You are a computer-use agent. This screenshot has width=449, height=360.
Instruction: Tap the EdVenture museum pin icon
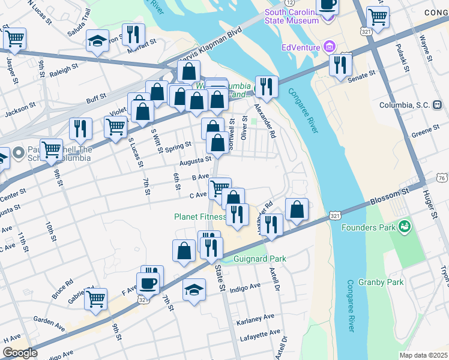(x=329, y=46)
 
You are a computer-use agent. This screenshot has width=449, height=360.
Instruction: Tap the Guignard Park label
(x=260, y=259)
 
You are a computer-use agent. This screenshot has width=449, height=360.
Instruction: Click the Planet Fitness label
(x=200, y=217)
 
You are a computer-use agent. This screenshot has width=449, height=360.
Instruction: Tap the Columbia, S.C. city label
(x=404, y=105)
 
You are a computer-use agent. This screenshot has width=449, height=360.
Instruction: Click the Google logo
(x=20, y=353)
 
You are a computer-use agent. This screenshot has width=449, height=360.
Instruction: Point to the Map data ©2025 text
(x=423, y=355)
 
